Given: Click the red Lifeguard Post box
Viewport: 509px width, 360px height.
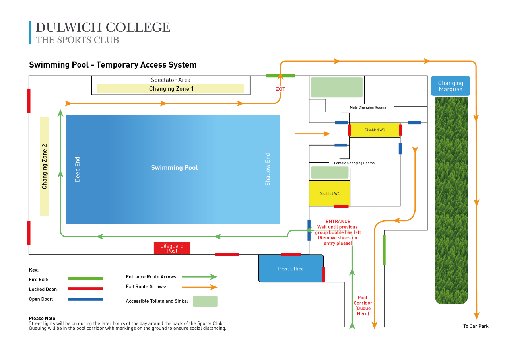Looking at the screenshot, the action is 172,248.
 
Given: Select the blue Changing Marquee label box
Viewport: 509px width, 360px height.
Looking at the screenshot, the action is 451,86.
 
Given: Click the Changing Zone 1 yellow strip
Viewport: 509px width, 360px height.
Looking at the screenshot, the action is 171,89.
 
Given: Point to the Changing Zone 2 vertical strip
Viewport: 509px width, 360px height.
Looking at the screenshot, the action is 44,166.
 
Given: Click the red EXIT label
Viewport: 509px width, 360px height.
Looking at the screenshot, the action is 280,89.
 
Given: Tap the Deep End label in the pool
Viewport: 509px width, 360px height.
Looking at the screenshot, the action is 77,169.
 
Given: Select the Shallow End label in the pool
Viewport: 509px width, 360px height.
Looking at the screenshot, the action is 268,169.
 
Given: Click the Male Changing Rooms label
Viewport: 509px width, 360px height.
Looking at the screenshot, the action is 368,107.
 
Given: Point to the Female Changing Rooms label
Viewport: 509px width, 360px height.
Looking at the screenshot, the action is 354,163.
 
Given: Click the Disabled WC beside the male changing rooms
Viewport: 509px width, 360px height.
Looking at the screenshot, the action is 375,130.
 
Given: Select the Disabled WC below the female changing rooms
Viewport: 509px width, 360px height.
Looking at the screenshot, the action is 329,193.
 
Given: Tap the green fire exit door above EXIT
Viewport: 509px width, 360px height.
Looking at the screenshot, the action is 280,76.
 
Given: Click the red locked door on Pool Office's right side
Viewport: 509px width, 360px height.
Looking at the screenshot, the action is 323,274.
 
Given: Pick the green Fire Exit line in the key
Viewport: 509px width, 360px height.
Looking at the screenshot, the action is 85,278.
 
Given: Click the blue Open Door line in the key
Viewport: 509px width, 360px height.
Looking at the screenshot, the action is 85,299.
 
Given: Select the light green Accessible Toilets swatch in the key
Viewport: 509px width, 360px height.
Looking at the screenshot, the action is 205,302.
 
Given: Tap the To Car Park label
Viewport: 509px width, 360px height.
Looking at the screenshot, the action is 476,326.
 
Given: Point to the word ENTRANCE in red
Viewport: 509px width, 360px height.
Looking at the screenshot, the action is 338,221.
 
